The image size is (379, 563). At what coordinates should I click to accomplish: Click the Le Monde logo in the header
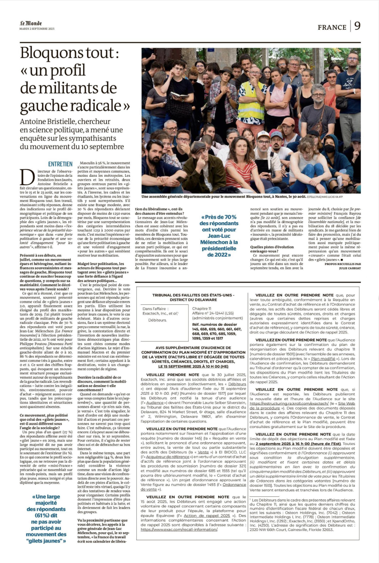click(31, 23)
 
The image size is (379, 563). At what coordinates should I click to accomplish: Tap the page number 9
click(357, 26)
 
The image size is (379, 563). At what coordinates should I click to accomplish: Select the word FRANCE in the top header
click(332, 27)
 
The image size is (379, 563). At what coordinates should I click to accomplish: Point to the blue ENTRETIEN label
click(60, 164)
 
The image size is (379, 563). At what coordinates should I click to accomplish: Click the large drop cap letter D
click(27, 177)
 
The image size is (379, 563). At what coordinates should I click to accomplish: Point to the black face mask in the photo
click(329, 148)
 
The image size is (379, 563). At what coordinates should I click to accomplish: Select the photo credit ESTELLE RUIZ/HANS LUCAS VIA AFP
click(325, 197)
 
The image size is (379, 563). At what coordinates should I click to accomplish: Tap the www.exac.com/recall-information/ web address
click(179, 530)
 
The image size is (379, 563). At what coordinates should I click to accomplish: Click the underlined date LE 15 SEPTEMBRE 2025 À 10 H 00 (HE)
click(193, 366)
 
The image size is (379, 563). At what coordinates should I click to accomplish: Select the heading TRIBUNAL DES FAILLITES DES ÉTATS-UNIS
click(193, 295)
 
